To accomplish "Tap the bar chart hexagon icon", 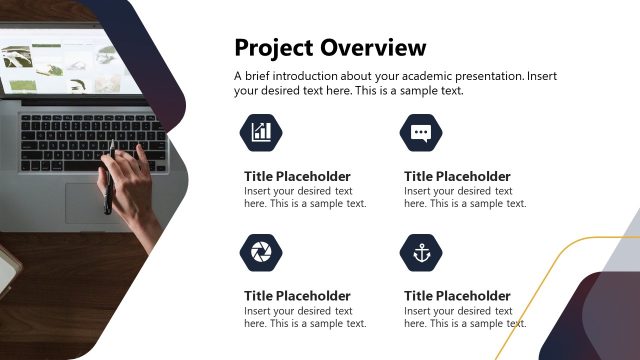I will (261, 131).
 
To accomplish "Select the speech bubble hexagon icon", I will (421, 131).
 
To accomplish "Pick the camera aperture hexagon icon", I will (261, 252).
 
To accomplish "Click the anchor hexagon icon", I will (421, 252).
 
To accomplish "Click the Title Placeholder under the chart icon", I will (297, 176).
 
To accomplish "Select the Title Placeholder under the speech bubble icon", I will (457, 176).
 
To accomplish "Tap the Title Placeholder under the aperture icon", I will (297, 296).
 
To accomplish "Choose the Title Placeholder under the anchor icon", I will (457, 296).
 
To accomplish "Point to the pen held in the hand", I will (108, 190).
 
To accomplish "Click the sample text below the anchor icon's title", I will (465, 317).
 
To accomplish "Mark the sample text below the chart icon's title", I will (305, 197).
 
